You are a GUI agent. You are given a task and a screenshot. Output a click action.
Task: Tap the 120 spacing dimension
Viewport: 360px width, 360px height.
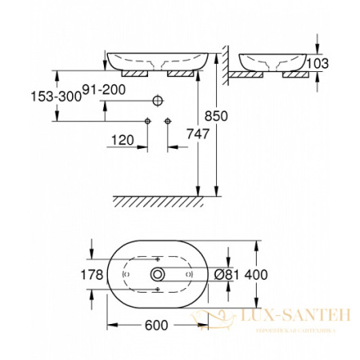[121, 140]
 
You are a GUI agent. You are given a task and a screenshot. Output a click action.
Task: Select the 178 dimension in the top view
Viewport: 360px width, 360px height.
[95, 275]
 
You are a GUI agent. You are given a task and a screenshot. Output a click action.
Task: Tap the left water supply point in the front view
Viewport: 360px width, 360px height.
[147, 121]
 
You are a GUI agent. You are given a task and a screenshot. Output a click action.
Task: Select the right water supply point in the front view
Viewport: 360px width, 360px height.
[167, 121]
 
